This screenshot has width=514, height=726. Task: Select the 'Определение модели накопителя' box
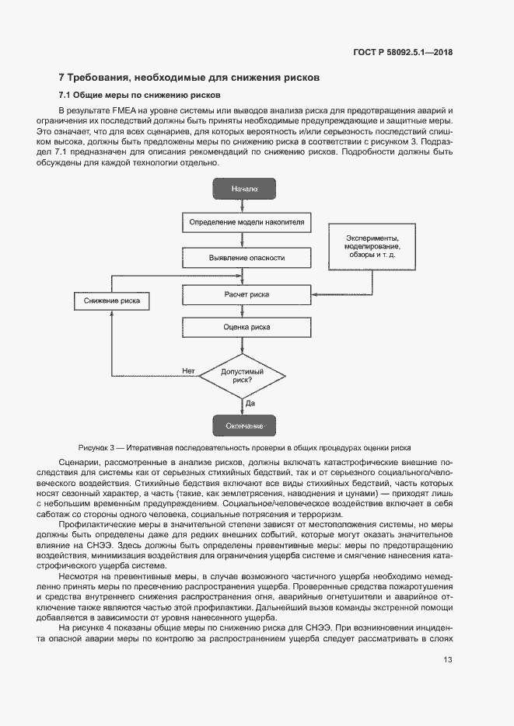pyautogui.click(x=247, y=223)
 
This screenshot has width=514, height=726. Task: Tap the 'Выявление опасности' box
pyautogui.click(x=247, y=257)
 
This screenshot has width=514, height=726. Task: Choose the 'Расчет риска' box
pyautogui.click(x=247, y=294)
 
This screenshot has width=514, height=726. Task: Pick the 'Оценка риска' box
pyautogui.click(x=247, y=327)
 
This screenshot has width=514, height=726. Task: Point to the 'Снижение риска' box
pyautogui.click(x=112, y=300)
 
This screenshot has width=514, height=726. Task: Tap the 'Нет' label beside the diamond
pyautogui.click(x=188, y=370)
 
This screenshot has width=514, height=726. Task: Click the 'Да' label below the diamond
pyautogui.click(x=250, y=404)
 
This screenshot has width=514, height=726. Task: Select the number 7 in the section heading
pyautogui.click(x=62, y=78)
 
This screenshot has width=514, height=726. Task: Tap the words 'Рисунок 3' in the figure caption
pyautogui.click(x=97, y=448)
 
